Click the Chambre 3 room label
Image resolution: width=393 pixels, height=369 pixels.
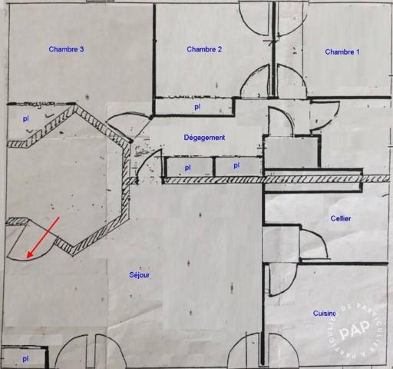(66, 49)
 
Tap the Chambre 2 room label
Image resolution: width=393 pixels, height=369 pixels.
(204, 49)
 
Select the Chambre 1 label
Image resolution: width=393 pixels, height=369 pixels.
(342, 52)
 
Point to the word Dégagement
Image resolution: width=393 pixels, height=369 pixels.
(204, 138)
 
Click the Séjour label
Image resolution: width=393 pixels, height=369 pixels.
(140, 275)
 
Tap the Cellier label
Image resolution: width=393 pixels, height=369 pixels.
(341, 218)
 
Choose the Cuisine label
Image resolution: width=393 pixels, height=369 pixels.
(325, 313)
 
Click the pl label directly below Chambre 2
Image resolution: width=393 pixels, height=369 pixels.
(197, 107)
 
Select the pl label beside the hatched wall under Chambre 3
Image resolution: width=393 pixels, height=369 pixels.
(26, 118)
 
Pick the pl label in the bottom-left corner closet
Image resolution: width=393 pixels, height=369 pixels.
(25, 359)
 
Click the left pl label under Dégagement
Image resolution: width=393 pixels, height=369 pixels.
(187, 168)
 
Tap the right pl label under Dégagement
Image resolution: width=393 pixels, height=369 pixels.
(236, 166)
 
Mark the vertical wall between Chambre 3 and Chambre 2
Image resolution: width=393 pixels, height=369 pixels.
(154, 59)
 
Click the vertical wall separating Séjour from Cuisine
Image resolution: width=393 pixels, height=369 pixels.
(263, 274)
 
